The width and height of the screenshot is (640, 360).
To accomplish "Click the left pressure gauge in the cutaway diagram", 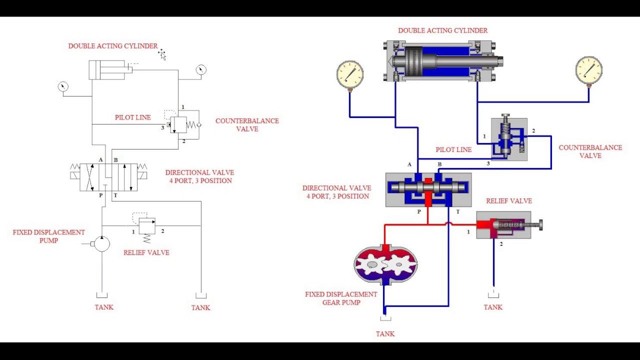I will pos(349,74).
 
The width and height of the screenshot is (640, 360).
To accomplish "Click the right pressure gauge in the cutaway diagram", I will pos(588,70).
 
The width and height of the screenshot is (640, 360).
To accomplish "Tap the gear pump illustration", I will pos(385,264).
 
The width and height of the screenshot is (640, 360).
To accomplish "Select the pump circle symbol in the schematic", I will pos(102,244).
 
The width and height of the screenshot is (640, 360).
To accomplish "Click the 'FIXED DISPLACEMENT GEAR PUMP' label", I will pos(341,298).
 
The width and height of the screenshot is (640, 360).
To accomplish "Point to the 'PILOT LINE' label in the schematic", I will pos(132,117).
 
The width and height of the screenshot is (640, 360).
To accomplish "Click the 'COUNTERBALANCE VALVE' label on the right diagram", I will pos(590,151).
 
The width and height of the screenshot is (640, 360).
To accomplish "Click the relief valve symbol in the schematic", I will pos(147,226).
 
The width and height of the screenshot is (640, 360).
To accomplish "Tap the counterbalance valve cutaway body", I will pos(509,139).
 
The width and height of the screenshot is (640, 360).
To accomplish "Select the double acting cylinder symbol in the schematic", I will pos(107,70).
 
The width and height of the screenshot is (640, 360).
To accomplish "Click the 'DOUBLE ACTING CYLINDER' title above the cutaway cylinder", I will pos(442,30).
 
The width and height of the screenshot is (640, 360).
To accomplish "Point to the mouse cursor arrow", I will pos(162,54).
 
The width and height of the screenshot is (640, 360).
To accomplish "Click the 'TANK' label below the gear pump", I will pos(385,334).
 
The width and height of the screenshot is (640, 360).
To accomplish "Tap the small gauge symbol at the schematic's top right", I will pos(201,70).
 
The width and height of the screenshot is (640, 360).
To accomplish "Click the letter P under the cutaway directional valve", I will pos(419,212).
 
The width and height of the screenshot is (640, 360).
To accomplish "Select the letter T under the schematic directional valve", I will pos(115,195).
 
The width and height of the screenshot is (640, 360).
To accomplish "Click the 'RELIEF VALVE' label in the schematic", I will pos(146,252).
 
